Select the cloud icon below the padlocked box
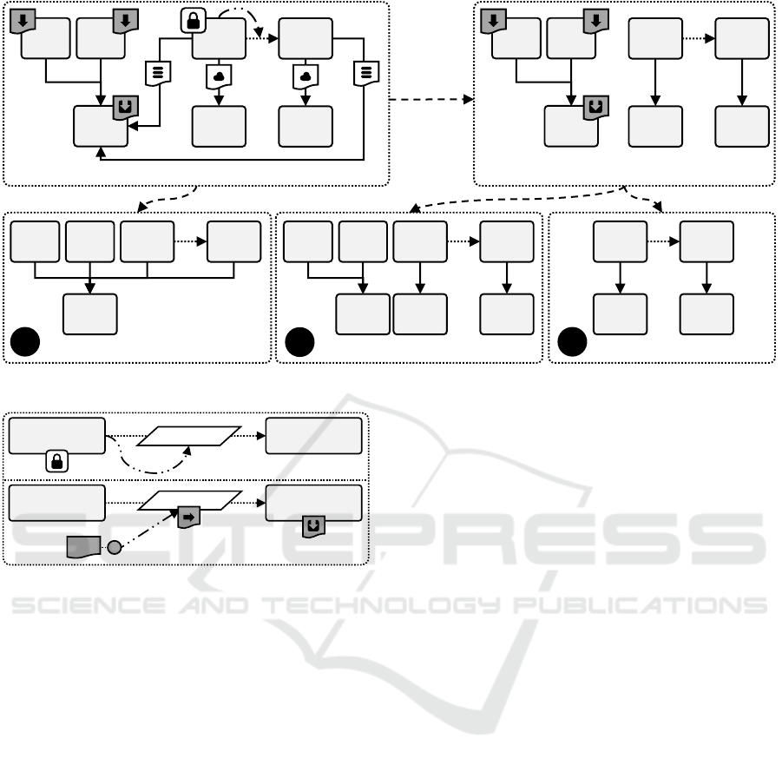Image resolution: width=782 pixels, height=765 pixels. pos(217,76)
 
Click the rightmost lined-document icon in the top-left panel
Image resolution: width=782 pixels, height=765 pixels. pos(362,75)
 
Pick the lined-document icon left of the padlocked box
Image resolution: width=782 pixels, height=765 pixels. pos(158,73)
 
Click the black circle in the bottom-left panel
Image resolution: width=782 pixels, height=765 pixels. pos(26,346)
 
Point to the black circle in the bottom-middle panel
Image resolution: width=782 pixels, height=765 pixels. pos(299,346)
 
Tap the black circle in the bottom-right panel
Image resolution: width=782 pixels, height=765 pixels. pos(572,346)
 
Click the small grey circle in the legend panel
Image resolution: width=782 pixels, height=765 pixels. pos(114,547)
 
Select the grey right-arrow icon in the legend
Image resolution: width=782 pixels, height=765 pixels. pos(187,518)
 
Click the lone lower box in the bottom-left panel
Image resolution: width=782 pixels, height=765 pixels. pos(89,313)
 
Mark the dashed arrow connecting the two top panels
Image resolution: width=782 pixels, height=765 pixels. pos(431,101)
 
